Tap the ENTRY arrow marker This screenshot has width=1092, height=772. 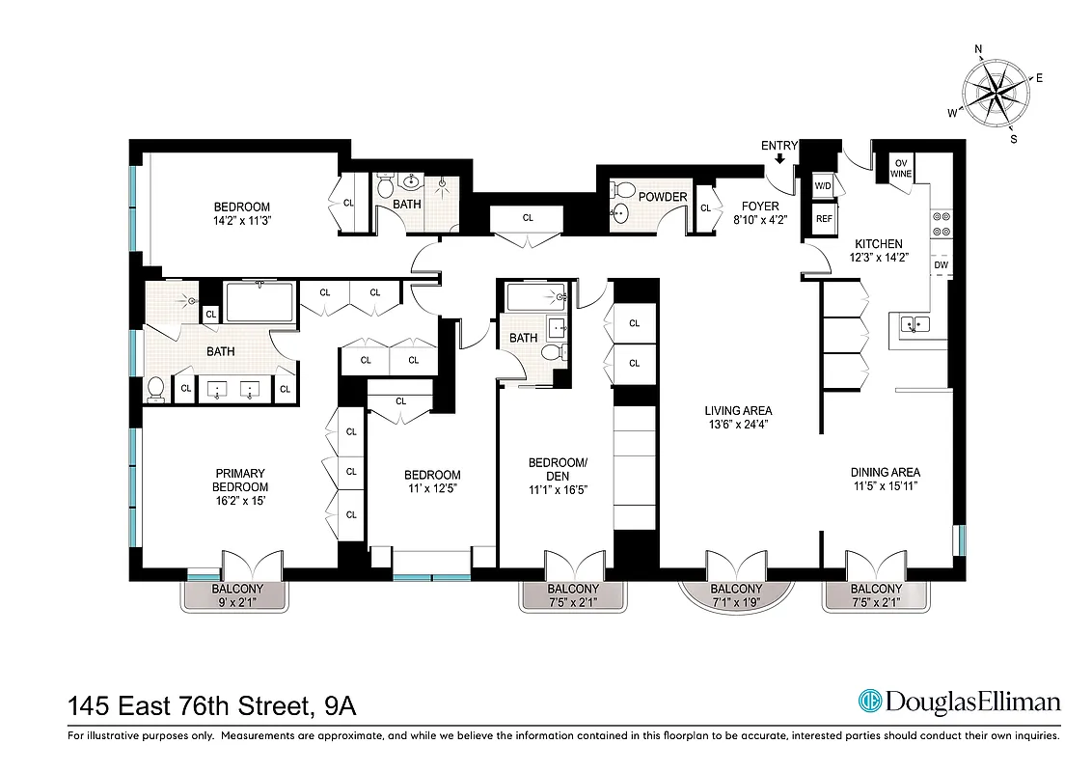(x=779, y=159)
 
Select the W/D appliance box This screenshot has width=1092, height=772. (x=824, y=185)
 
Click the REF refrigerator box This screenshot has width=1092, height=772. (x=824, y=219)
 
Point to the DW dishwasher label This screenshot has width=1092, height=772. (x=941, y=264)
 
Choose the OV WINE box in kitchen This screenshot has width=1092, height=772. (x=902, y=168)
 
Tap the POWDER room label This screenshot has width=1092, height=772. (x=663, y=197)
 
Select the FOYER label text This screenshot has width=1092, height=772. (x=759, y=207)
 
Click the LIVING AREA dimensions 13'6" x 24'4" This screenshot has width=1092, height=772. (x=738, y=424)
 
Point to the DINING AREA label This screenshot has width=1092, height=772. (x=885, y=472)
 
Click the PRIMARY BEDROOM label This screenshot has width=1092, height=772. (x=239, y=480)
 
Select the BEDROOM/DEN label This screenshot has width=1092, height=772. (x=557, y=469)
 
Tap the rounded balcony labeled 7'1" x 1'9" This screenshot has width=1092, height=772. (x=736, y=595)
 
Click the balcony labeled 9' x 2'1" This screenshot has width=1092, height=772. (x=235, y=595)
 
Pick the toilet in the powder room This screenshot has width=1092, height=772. (x=622, y=190)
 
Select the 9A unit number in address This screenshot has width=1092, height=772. (x=340, y=706)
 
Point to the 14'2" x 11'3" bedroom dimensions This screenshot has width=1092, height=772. (x=241, y=220)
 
